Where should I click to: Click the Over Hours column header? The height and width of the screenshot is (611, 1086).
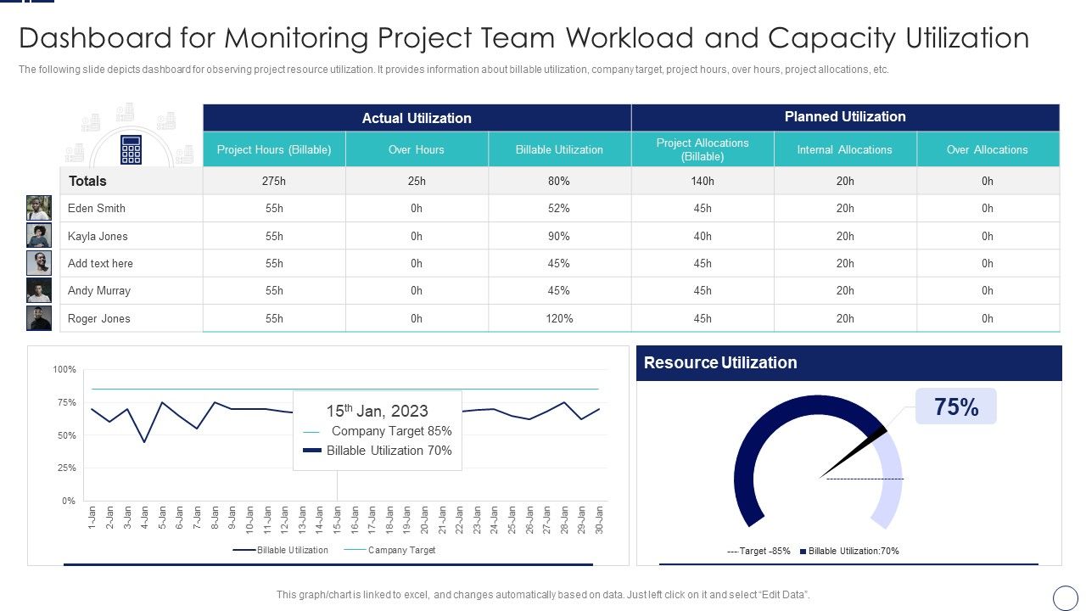[417, 149]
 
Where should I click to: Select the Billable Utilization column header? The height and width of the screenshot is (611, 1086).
[559, 149]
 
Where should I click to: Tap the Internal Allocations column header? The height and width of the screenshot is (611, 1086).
[844, 149]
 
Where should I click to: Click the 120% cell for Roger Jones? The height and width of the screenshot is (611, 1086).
[559, 318]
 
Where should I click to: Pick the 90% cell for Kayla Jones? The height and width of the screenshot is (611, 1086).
[559, 236]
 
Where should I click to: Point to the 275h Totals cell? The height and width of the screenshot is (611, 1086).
[274, 181]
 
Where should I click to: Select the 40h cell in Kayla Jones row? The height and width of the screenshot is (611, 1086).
[703, 236]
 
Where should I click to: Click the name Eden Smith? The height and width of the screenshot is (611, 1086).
[97, 208]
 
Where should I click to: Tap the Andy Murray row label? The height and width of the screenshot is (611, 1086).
[99, 290]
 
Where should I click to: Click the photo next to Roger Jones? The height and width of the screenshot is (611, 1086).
[39, 318]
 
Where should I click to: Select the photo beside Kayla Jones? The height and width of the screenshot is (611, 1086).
[39, 236]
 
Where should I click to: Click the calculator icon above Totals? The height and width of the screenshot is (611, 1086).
[131, 149]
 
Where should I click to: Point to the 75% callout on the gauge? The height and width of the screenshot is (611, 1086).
[956, 407]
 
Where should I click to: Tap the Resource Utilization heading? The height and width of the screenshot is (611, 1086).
[720, 362]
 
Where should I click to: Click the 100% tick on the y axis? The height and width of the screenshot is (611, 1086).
[64, 369]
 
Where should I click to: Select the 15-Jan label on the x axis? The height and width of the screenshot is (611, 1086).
[337, 519]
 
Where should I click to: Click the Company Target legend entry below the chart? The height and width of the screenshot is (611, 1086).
[401, 550]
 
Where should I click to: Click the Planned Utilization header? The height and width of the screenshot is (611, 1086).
[845, 116]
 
